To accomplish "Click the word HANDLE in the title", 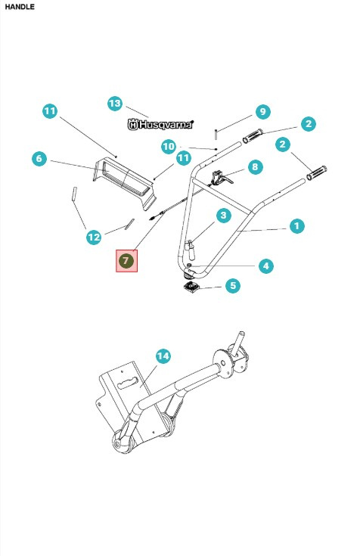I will [20, 6].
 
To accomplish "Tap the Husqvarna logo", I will [160, 124].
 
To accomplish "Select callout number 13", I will [115, 103].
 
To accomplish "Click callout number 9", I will [262, 112].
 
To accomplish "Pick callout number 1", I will [296, 225].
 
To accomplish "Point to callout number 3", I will [223, 216].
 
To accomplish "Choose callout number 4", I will [265, 266].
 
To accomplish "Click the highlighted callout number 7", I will [126, 261].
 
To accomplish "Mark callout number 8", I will [255, 166].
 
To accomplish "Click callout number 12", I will [94, 238].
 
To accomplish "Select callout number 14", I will [162, 356].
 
